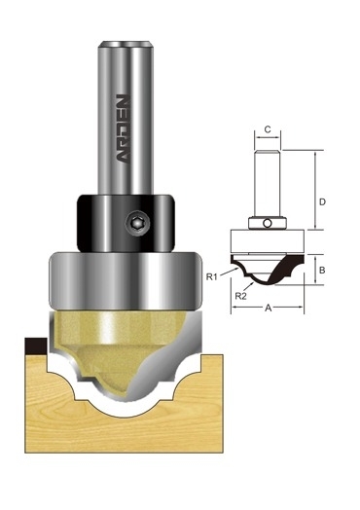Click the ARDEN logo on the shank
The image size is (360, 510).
124,128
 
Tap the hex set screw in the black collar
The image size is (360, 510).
137,224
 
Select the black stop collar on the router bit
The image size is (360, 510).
126,223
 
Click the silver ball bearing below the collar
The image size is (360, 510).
125,279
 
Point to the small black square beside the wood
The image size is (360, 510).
36,346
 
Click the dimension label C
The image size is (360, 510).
268,129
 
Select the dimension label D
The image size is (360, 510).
322,202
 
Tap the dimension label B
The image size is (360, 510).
322,270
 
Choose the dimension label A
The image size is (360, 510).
268,308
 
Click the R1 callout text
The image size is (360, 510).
211,276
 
